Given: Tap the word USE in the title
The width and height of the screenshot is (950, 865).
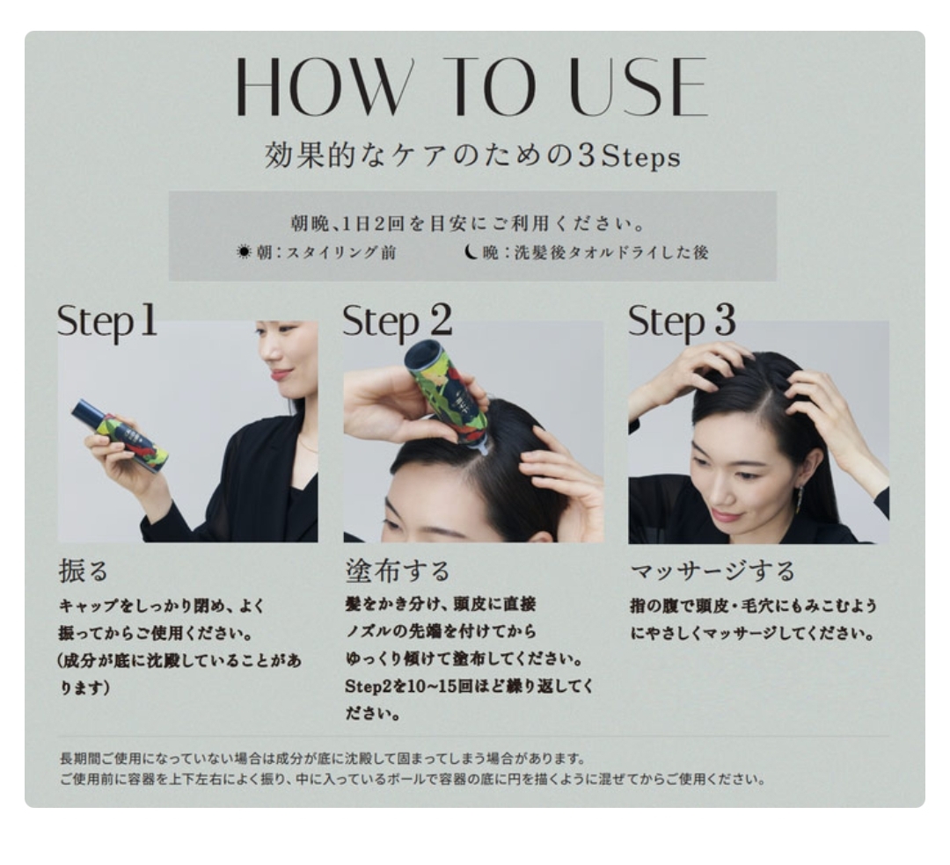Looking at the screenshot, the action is [639, 86].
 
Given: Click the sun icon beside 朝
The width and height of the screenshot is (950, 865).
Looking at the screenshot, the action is [244, 251].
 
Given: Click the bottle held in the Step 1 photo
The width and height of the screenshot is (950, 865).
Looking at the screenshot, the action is [120, 434].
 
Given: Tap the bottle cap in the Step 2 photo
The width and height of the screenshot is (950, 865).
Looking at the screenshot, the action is [423, 353].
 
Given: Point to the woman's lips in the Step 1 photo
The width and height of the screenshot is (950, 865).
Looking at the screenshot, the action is [279, 375].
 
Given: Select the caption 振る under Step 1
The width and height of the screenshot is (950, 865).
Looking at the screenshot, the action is [83, 571].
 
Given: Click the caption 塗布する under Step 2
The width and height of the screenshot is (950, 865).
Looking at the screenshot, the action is [398, 571].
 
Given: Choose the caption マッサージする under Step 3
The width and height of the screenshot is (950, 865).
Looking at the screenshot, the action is [712, 571].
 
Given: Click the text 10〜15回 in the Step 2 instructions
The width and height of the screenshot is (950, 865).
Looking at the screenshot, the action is [425, 687].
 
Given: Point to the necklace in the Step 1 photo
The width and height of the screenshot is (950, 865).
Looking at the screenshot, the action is [307, 446].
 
